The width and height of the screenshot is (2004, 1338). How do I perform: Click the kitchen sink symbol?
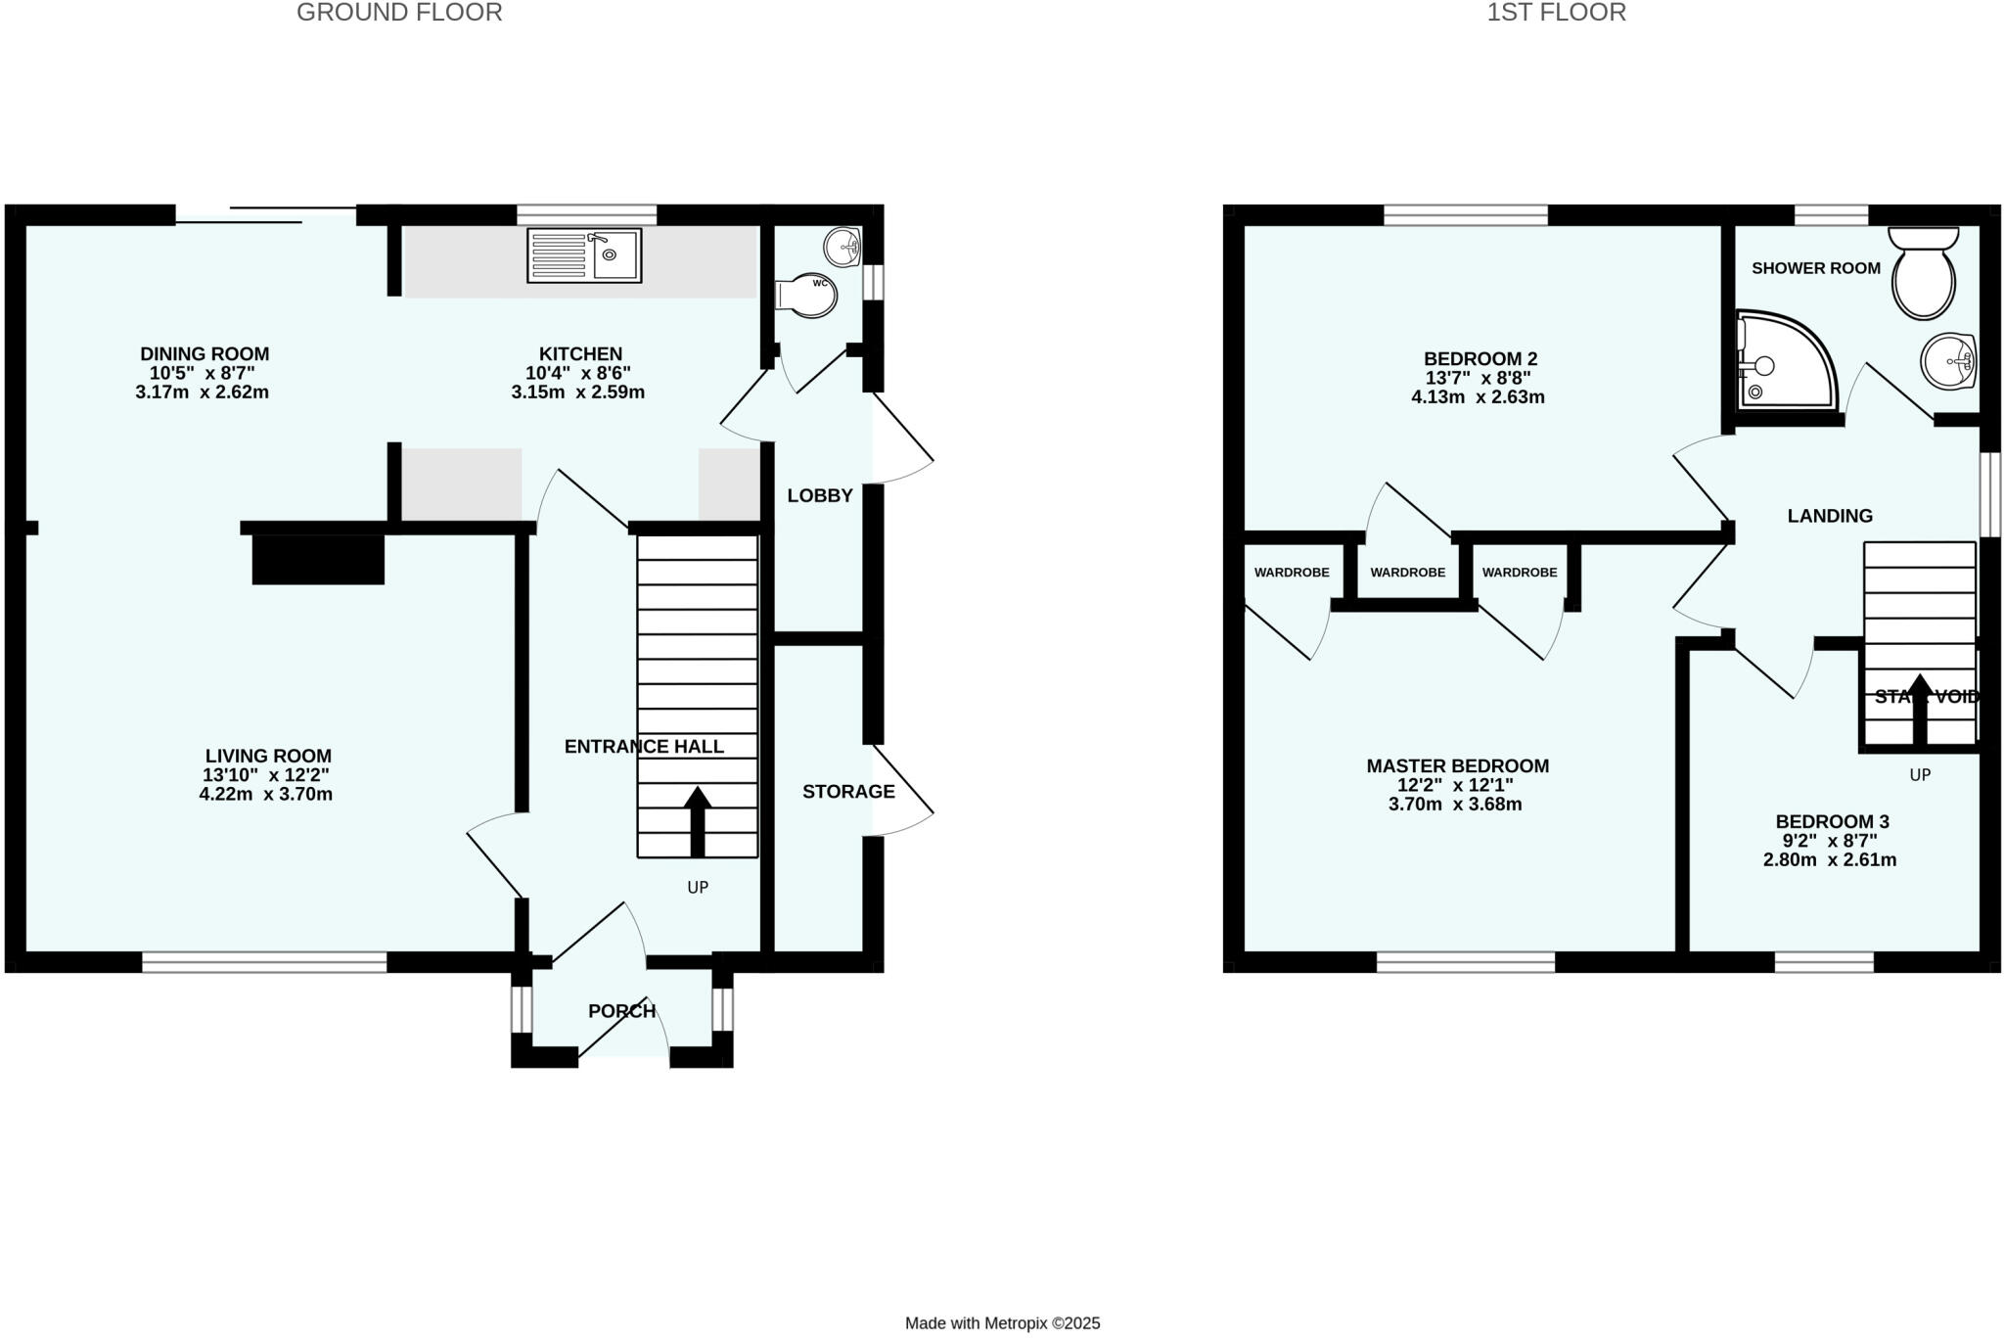click(x=584, y=255)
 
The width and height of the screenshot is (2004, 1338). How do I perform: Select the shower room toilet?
click(x=1924, y=275)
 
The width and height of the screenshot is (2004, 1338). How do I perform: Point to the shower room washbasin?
click(x=1948, y=361)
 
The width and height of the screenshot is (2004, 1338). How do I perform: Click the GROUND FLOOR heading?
click(x=399, y=13)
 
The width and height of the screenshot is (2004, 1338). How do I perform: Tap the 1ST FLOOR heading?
click(x=1556, y=13)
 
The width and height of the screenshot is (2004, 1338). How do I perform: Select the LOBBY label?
click(x=820, y=496)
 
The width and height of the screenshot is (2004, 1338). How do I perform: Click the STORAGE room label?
click(x=848, y=792)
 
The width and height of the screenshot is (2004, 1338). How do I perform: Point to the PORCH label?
click(x=621, y=1011)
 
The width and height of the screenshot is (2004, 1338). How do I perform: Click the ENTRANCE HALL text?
click(x=644, y=747)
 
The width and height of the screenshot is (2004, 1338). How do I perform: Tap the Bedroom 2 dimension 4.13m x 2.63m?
click(x=1478, y=397)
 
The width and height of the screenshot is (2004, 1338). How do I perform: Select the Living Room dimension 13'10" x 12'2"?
click(x=266, y=775)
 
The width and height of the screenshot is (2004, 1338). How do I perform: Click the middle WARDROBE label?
click(x=1407, y=573)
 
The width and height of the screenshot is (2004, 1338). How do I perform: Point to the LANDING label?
click(x=1830, y=516)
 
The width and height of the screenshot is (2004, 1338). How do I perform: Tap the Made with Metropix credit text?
click(x=1002, y=1323)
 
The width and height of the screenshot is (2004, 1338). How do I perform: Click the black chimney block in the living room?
click(x=318, y=560)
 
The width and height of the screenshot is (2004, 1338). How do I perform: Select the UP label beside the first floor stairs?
click(x=1920, y=775)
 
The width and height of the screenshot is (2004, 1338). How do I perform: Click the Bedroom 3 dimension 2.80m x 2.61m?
click(x=1830, y=860)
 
